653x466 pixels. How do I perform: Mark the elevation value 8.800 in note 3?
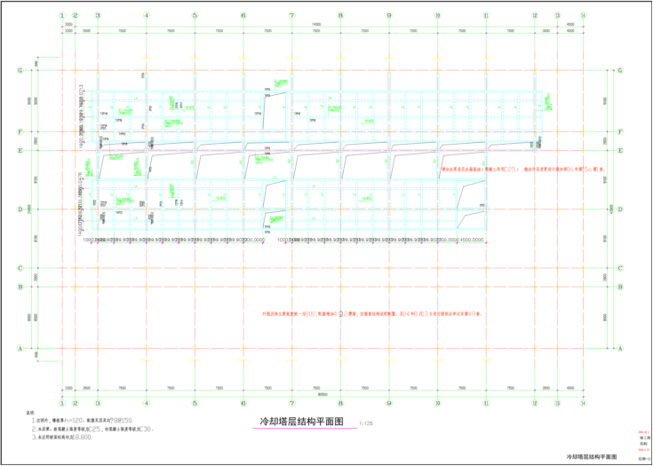[x=85, y=437]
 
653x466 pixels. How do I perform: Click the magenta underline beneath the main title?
[x=304, y=430]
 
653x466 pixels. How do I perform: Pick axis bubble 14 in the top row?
[x=583, y=15]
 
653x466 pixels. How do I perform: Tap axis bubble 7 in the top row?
[x=291, y=15]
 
